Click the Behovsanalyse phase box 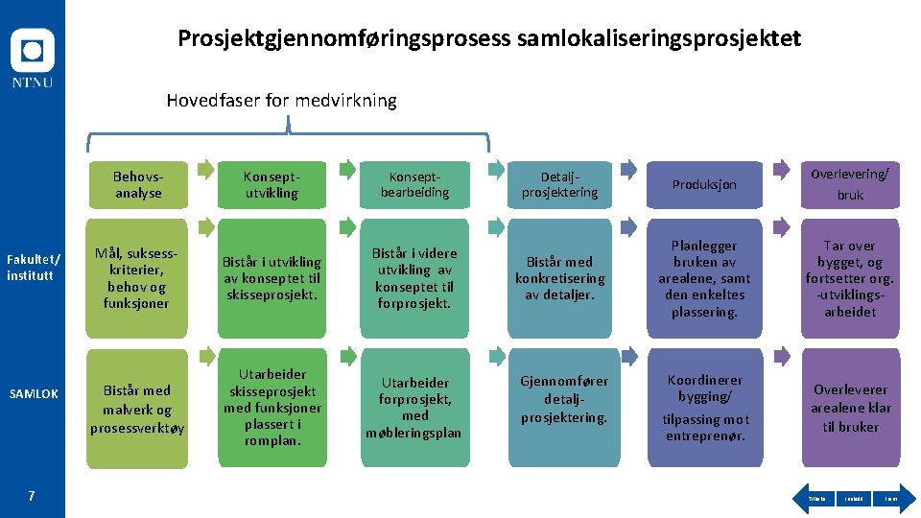[138, 185]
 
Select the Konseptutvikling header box [272, 185]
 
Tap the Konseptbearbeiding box [414, 185]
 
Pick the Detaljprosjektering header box [559, 185]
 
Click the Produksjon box [704, 185]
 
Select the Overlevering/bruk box [850, 185]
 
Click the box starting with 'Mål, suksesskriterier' [138, 278]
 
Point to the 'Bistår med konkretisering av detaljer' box [559, 278]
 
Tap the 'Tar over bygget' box [850, 278]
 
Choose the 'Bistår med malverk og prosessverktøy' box [138, 409]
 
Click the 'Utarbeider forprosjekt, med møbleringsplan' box [414, 409]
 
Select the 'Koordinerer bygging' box [704, 409]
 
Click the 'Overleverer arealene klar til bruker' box [850, 409]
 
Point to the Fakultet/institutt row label [33, 268]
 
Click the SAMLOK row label [33, 394]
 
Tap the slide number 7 [32, 496]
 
